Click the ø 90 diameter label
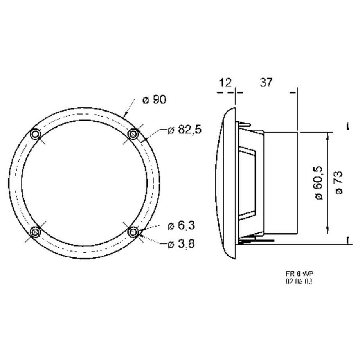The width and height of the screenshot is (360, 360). point(154,100)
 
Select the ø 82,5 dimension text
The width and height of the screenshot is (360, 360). point(184,130)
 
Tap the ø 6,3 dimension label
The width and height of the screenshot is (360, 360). point(181,226)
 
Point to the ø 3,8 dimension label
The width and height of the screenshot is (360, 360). point(181,244)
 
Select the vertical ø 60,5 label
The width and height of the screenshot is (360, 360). point(319,183)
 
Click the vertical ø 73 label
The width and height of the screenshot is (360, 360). point(339,183)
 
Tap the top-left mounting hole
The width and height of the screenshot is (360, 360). point(36,134)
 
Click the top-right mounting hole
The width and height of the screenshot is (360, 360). point(133,134)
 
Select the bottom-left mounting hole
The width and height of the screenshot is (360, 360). point(36,232)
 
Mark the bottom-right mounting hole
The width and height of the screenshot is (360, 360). point(133,232)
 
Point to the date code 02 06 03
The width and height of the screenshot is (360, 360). point(299,281)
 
